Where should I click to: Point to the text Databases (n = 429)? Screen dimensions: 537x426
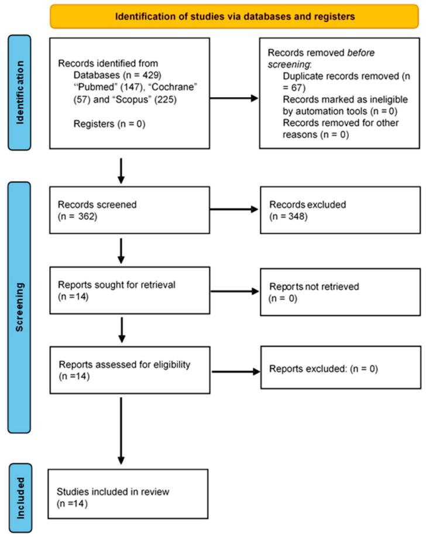[x=111, y=75]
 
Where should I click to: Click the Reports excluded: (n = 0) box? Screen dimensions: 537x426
[x=339, y=370]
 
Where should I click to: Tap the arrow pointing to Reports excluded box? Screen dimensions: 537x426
[x=233, y=370]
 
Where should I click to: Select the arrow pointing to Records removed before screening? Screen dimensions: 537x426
[x=233, y=98]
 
